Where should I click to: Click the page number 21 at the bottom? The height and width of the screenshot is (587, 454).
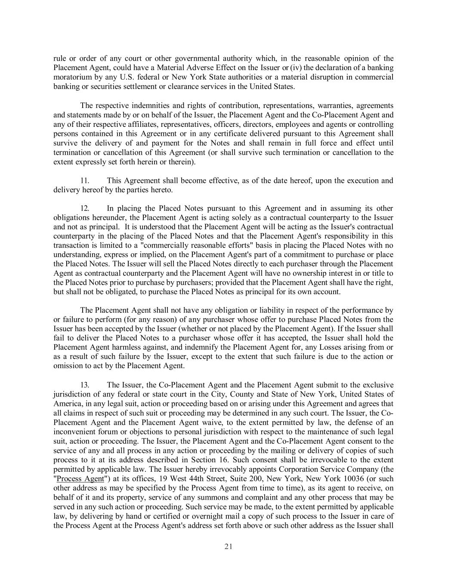click(x=228, y=547)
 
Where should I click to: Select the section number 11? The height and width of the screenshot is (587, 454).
click(x=85, y=181)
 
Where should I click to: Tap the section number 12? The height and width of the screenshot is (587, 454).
click(x=85, y=208)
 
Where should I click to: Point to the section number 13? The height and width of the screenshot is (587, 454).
click(x=85, y=384)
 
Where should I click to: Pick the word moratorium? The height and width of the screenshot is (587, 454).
click(x=71, y=77)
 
